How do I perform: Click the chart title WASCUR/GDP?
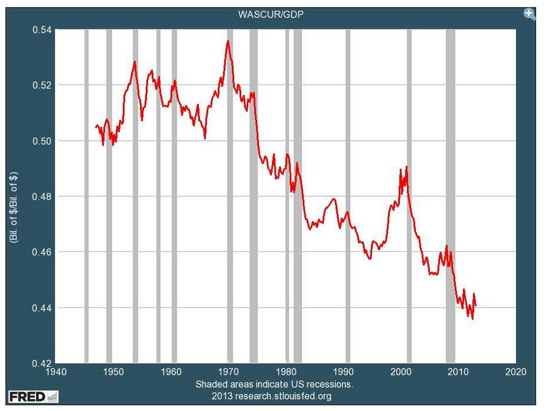click(271, 14)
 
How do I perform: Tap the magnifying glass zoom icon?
click(529, 14)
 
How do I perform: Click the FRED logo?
click(33, 396)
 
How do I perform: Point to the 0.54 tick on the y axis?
click(42, 30)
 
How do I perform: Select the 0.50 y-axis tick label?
click(42, 141)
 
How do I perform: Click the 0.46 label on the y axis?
click(42, 252)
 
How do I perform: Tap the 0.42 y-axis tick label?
click(42, 363)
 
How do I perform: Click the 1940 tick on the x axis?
click(56, 372)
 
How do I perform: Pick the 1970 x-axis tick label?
click(228, 372)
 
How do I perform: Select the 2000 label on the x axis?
click(401, 372)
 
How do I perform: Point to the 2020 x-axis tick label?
click(515, 372)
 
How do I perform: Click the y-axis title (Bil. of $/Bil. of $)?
click(14, 208)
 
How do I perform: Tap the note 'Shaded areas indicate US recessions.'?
click(274, 384)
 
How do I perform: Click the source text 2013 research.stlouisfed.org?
click(271, 395)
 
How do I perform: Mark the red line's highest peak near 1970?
click(228, 41)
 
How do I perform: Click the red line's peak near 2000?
click(406, 167)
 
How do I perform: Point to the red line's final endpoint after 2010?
click(475, 305)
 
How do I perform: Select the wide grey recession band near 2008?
click(450, 196)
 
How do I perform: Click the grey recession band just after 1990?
click(348, 196)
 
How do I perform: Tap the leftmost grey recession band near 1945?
click(86, 196)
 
